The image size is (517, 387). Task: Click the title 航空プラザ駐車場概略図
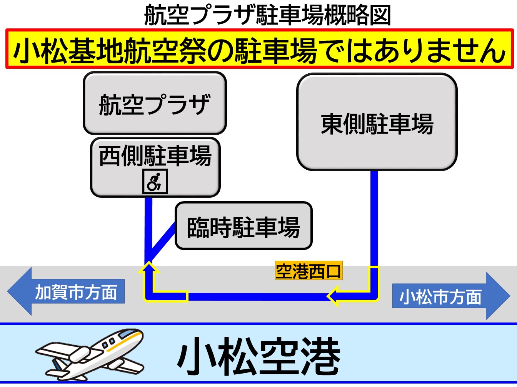(267, 15)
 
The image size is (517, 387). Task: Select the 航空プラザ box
(155, 103)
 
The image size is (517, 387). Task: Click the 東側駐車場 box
(377, 122)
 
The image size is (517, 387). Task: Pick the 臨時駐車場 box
(243, 226)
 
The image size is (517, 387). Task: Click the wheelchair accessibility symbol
(155, 182)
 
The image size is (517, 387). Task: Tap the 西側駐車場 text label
(155, 156)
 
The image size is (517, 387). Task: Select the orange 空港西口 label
(309, 271)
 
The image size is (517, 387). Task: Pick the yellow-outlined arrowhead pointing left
(333, 296)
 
